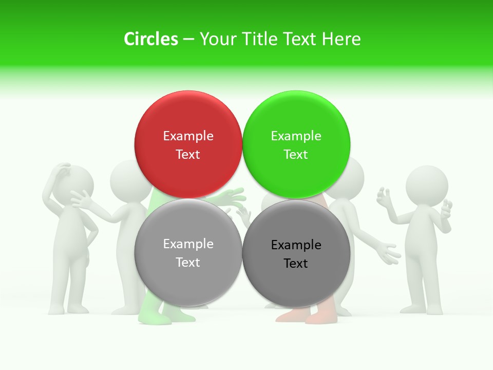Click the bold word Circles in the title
(150, 39)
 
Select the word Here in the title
(342, 39)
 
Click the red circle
(188, 118)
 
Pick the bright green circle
(296, 118)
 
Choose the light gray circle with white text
(188, 277)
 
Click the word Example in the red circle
(188, 136)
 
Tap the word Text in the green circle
(296, 154)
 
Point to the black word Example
(296, 245)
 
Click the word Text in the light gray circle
(188, 262)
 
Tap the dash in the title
(188, 39)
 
